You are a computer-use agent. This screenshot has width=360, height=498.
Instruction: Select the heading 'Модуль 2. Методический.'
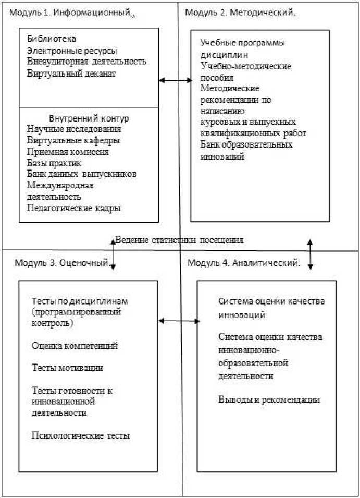coord(241,12)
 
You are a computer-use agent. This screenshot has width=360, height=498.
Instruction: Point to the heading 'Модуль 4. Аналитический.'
coord(244,262)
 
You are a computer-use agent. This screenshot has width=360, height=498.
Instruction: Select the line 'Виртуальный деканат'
coord(71,74)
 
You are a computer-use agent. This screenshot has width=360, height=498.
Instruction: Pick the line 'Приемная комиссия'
coord(67,152)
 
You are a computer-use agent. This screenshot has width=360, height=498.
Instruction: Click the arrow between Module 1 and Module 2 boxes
coord(176,80)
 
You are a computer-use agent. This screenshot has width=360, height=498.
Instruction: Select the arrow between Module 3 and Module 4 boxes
coord(179,321)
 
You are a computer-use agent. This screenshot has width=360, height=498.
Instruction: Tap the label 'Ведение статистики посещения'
coord(179,240)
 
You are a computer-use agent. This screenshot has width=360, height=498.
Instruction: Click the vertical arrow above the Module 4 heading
coord(310,254)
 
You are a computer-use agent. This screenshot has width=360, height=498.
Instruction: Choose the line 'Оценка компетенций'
coord(75,346)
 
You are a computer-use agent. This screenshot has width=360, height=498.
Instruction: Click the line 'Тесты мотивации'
coord(67,368)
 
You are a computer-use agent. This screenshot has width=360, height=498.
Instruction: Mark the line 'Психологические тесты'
coord(81,435)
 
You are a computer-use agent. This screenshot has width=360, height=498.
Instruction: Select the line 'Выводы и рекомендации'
coord(269,400)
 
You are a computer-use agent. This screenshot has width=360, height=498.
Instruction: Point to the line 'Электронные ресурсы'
coord(72,51)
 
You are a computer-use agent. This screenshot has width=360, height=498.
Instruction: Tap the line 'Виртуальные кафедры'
coord(73,140)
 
